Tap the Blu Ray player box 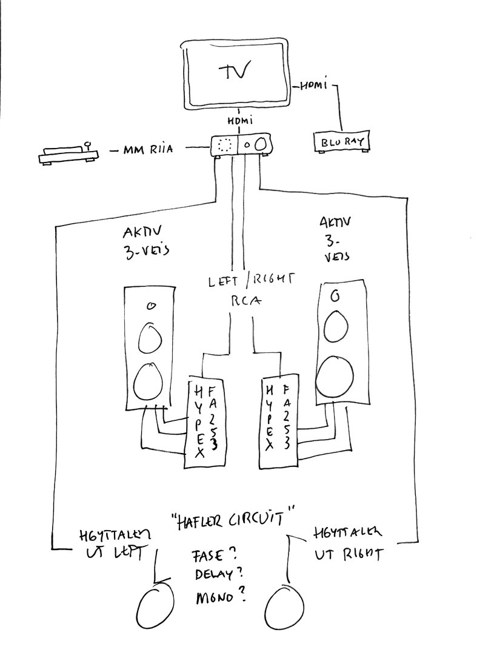(342, 143)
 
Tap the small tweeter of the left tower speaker (152, 307)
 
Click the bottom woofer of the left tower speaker (148, 380)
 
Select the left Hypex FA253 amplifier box (203, 422)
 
